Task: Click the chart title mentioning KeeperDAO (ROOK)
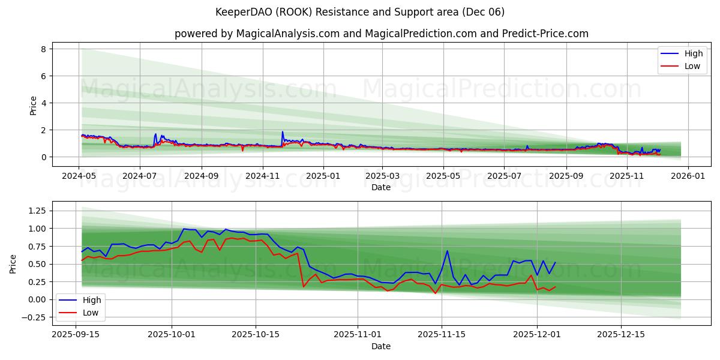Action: (360, 12)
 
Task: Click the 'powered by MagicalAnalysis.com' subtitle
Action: (381, 34)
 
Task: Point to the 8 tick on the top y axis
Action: (43, 49)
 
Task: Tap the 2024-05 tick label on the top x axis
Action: (79, 176)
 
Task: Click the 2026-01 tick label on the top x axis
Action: (688, 176)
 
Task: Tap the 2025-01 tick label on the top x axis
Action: (323, 176)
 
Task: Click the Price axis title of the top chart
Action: (34, 106)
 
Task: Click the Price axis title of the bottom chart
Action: (13, 264)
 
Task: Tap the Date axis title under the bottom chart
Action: (381, 346)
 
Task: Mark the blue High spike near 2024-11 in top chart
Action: (283, 132)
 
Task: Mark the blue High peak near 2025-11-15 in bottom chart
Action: (447, 251)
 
